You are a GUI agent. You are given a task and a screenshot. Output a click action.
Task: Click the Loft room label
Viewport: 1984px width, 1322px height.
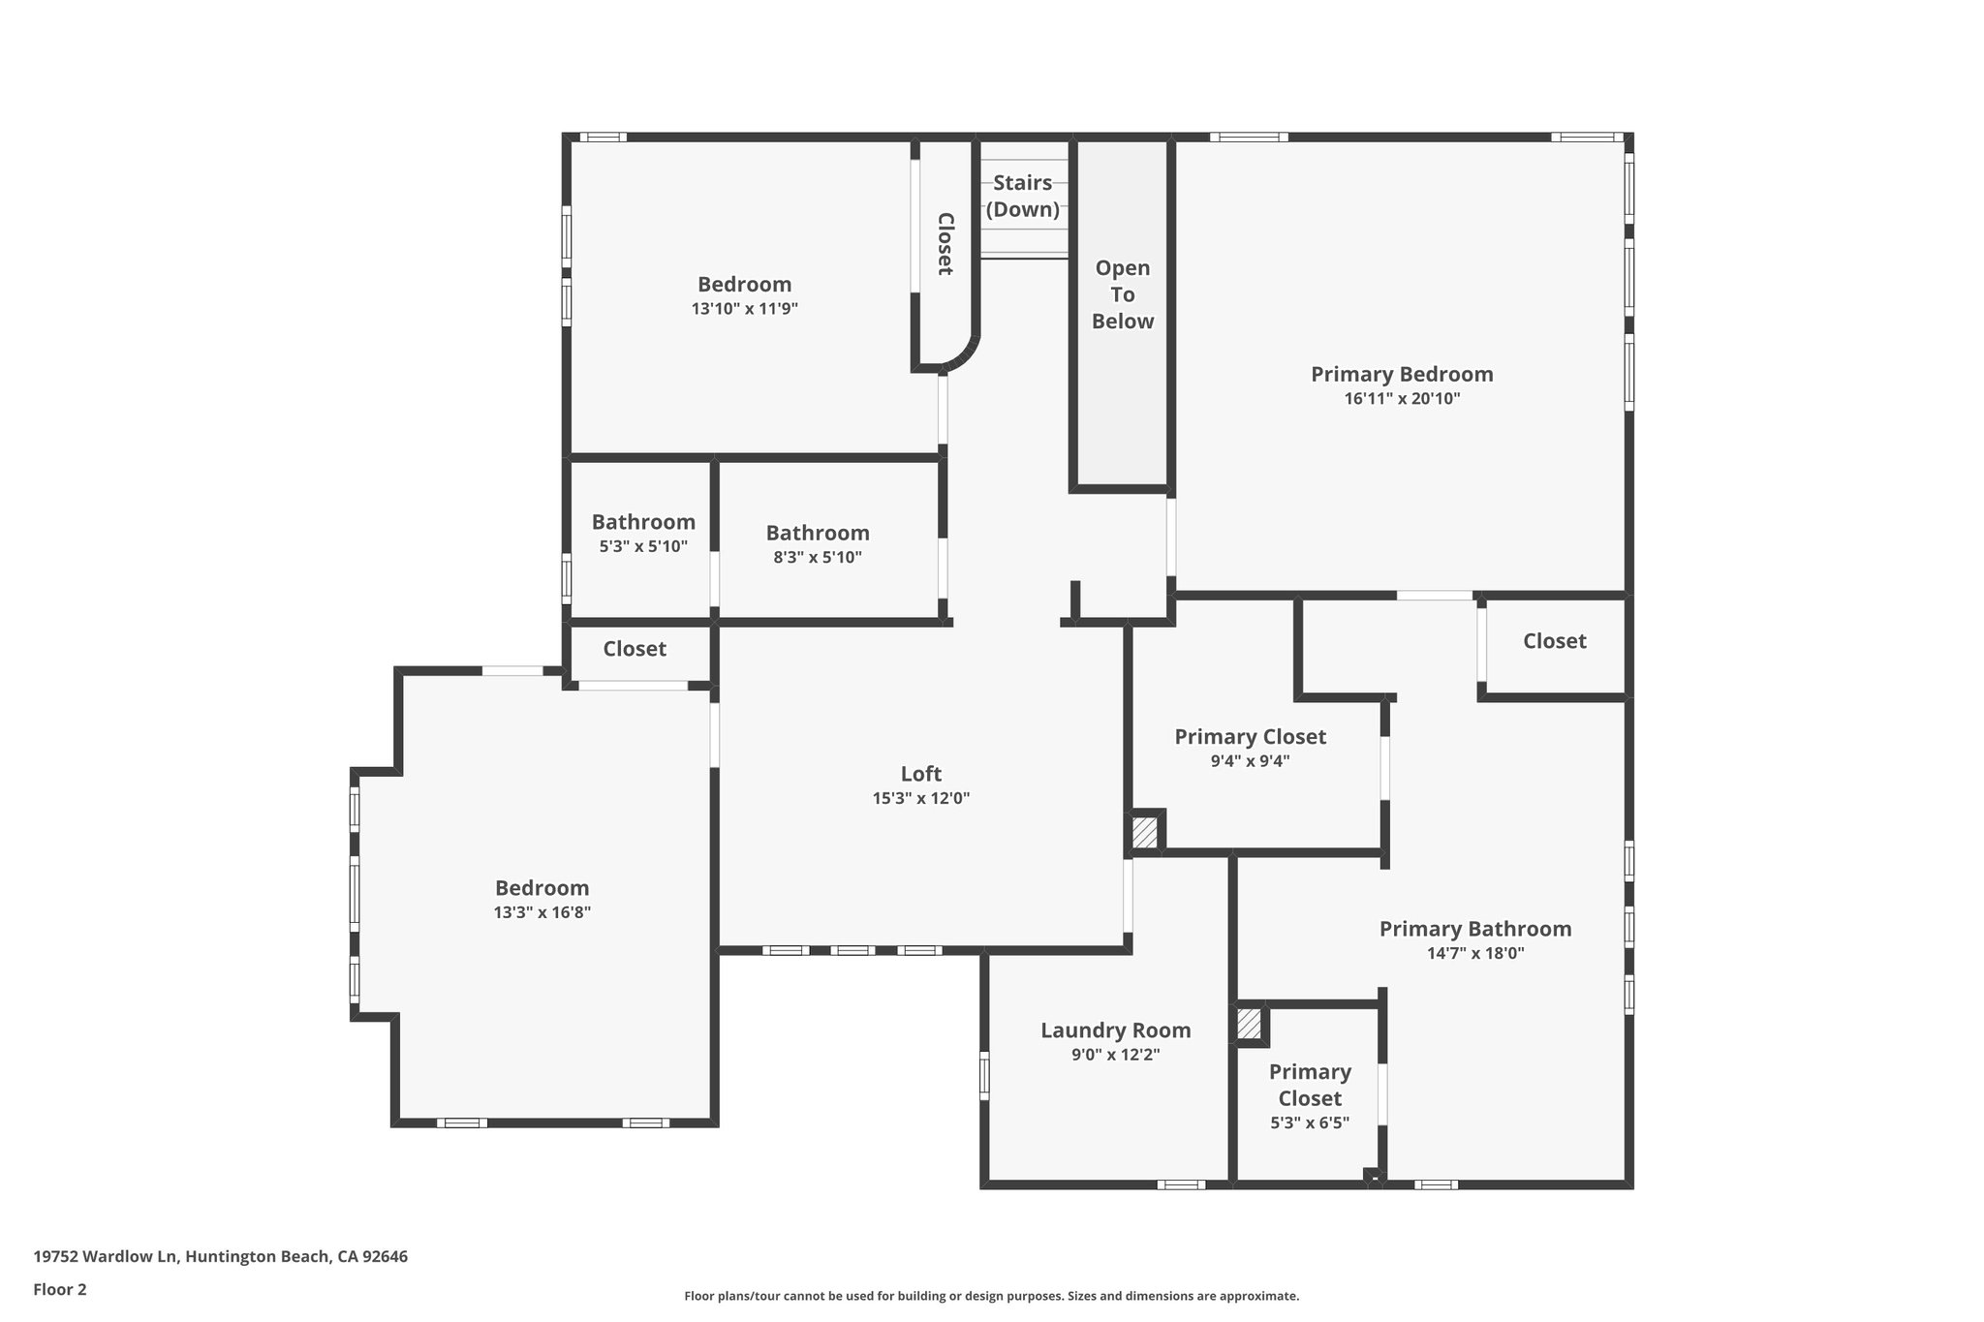tap(920, 774)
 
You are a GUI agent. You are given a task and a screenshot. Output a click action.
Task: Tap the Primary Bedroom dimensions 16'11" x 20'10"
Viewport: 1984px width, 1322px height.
tap(1402, 399)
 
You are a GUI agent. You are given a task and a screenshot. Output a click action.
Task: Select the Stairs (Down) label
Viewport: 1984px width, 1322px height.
tap(1023, 196)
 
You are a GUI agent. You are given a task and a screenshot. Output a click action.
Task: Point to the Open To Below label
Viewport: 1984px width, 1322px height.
tap(1123, 294)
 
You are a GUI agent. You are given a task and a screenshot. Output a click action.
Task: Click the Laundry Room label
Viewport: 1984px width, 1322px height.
tap(1115, 1030)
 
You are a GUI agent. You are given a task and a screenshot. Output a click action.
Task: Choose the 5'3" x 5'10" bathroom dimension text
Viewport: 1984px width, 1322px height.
tap(643, 546)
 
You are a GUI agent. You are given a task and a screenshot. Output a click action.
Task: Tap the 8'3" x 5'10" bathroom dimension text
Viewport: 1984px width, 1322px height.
tap(818, 558)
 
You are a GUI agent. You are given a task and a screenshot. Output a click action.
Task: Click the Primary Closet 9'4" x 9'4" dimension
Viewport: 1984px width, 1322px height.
tap(1250, 761)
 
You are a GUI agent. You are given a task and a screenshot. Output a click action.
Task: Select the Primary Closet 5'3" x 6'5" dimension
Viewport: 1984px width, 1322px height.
tap(1310, 1123)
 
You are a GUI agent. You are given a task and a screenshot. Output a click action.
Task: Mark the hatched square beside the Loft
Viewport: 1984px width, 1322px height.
tap(1145, 833)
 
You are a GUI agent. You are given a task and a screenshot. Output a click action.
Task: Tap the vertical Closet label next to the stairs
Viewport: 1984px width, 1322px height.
tap(945, 244)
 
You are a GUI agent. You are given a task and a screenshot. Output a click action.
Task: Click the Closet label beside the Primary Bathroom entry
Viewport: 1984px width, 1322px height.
tap(1554, 641)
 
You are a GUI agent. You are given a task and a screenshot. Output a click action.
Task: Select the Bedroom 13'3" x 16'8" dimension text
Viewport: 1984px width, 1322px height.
tap(542, 912)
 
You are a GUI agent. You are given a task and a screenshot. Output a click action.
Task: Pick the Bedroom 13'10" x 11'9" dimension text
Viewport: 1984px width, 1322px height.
tap(744, 309)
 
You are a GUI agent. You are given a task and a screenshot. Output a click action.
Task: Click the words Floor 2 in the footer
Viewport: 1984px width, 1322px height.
tap(60, 1289)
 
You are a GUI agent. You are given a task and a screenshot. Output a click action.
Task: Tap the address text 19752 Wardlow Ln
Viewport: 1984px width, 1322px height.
tap(107, 1257)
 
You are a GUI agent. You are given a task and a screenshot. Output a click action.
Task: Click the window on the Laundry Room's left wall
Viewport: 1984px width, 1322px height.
tap(984, 1076)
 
